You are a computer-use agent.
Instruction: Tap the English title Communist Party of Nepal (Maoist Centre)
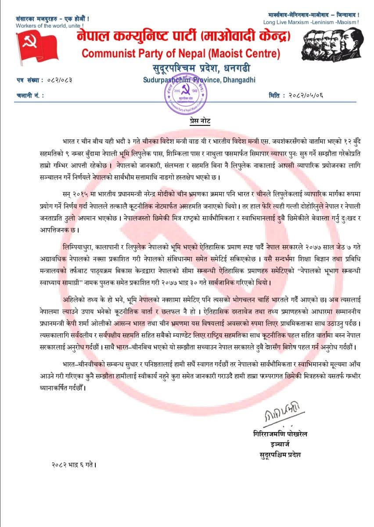point(181,54)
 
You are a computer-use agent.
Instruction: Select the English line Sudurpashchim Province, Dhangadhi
point(199,80)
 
